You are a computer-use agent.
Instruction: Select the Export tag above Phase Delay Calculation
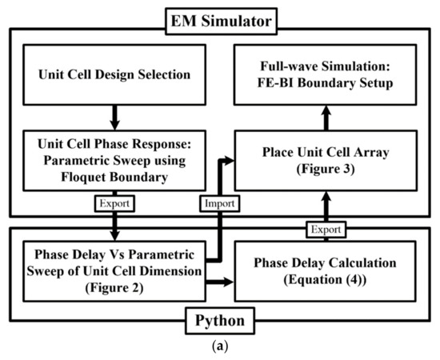pyautogui.click(x=328, y=230)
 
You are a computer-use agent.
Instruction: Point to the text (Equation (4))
pyautogui.click(x=328, y=279)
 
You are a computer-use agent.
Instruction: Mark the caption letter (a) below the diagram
pyautogui.click(x=220, y=350)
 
